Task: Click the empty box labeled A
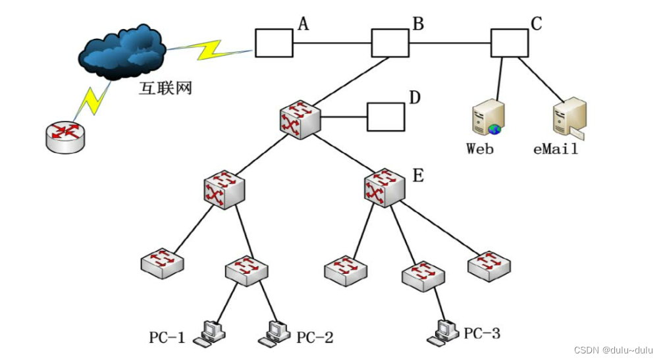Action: pyautogui.click(x=274, y=43)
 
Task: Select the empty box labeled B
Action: pyautogui.click(x=390, y=43)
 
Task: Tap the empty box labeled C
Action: pyautogui.click(x=510, y=43)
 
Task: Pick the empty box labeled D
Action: pyautogui.click(x=386, y=117)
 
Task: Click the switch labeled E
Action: pyautogui.click(x=384, y=188)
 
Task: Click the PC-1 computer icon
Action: pyautogui.click(x=210, y=332)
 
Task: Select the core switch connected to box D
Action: pyautogui.click(x=300, y=119)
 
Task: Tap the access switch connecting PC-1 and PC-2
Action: pyautogui.click(x=247, y=270)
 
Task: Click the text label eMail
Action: pyautogui.click(x=555, y=149)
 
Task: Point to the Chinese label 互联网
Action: pyautogui.click(x=165, y=88)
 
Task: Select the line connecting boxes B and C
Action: pyautogui.click(x=450, y=43)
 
